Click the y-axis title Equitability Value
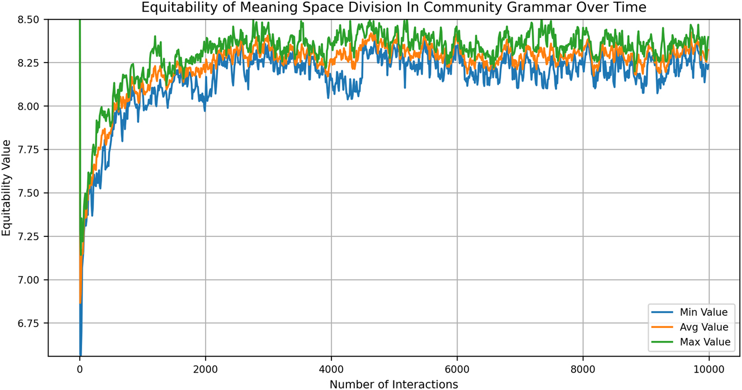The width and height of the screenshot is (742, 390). pos(6,188)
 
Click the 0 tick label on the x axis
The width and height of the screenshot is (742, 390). pos(80,369)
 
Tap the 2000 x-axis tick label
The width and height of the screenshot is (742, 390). pos(206,369)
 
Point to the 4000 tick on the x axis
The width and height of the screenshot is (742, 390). pos(331,369)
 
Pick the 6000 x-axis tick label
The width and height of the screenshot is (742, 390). pos(457,369)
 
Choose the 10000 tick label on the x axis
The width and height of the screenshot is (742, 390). pos(709,369)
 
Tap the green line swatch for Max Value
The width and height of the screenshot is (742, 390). pos(662,342)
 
